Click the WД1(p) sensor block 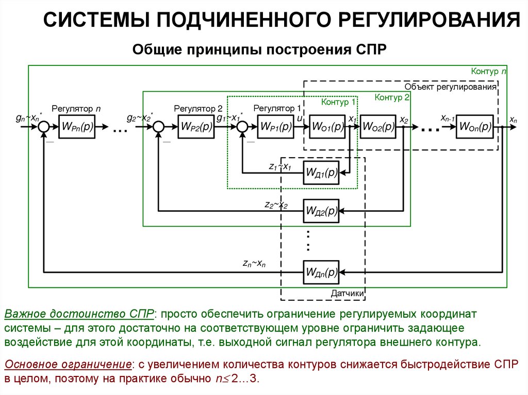321,173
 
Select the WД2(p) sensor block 321,211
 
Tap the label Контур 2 392,97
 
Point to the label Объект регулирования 450,87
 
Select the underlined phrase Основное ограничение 67,365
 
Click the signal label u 299,119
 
